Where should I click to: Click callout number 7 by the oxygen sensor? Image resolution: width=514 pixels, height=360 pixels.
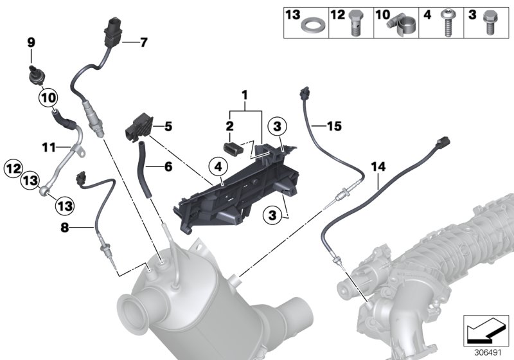pyautogui.click(x=143, y=43)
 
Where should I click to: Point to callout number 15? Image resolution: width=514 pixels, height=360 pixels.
pyautogui.click(x=333, y=127)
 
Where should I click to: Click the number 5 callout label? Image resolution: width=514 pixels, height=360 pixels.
pyautogui.click(x=168, y=127)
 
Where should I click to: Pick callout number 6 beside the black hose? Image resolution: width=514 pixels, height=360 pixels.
pyautogui.click(x=168, y=166)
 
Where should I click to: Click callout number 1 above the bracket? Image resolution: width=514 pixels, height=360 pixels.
pyautogui.click(x=244, y=96)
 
